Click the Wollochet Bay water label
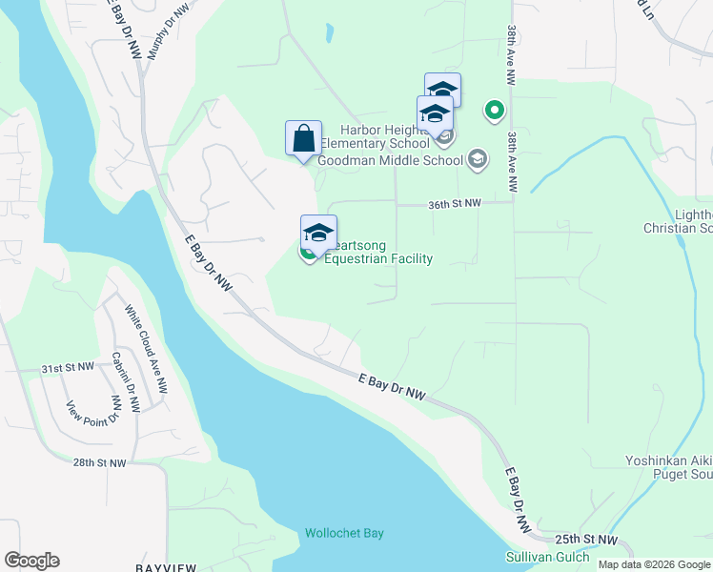click(x=344, y=533)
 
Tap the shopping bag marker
click(x=303, y=138)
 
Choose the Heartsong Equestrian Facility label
click(x=378, y=252)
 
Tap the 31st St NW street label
click(x=67, y=367)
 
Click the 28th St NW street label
click(x=98, y=462)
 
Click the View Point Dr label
click(x=92, y=411)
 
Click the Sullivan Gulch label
click(x=547, y=557)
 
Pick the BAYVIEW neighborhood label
click(x=166, y=567)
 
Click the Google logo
click(x=31, y=561)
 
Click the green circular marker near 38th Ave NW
click(x=495, y=112)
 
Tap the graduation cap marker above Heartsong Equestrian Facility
click(x=318, y=232)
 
